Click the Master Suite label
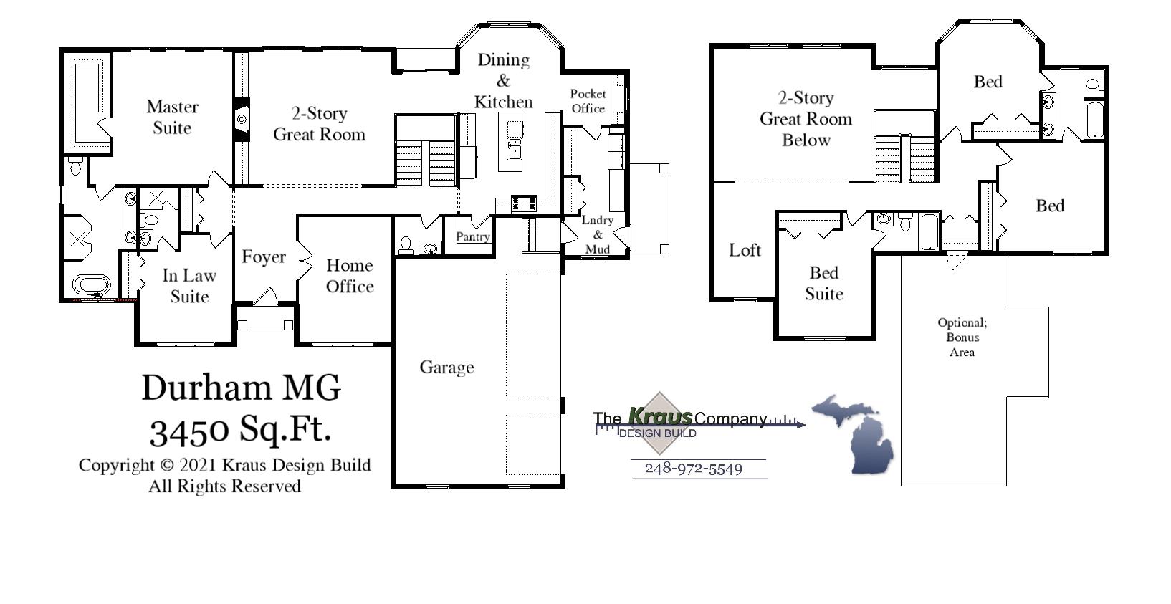tap(172, 118)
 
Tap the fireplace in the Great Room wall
tap(242, 118)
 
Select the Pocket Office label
tap(588, 101)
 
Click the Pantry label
tap(472, 236)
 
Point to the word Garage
tap(446, 368)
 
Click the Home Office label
tap(350, 276)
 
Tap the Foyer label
tap(263, 257)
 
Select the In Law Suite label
tap(189, 286)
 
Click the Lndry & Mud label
tap(597, 234)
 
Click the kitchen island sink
tap(514, 149)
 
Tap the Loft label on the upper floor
tap(745, 250)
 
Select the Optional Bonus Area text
tap(962, 337)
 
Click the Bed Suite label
tap(823, 283)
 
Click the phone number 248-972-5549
tap(693, 469)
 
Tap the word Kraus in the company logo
tap(660, 416)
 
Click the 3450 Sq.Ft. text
tap(240, 429)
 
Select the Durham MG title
tap(241, 388)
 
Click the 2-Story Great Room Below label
tap(806, 119)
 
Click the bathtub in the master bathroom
tap(92, 285)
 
